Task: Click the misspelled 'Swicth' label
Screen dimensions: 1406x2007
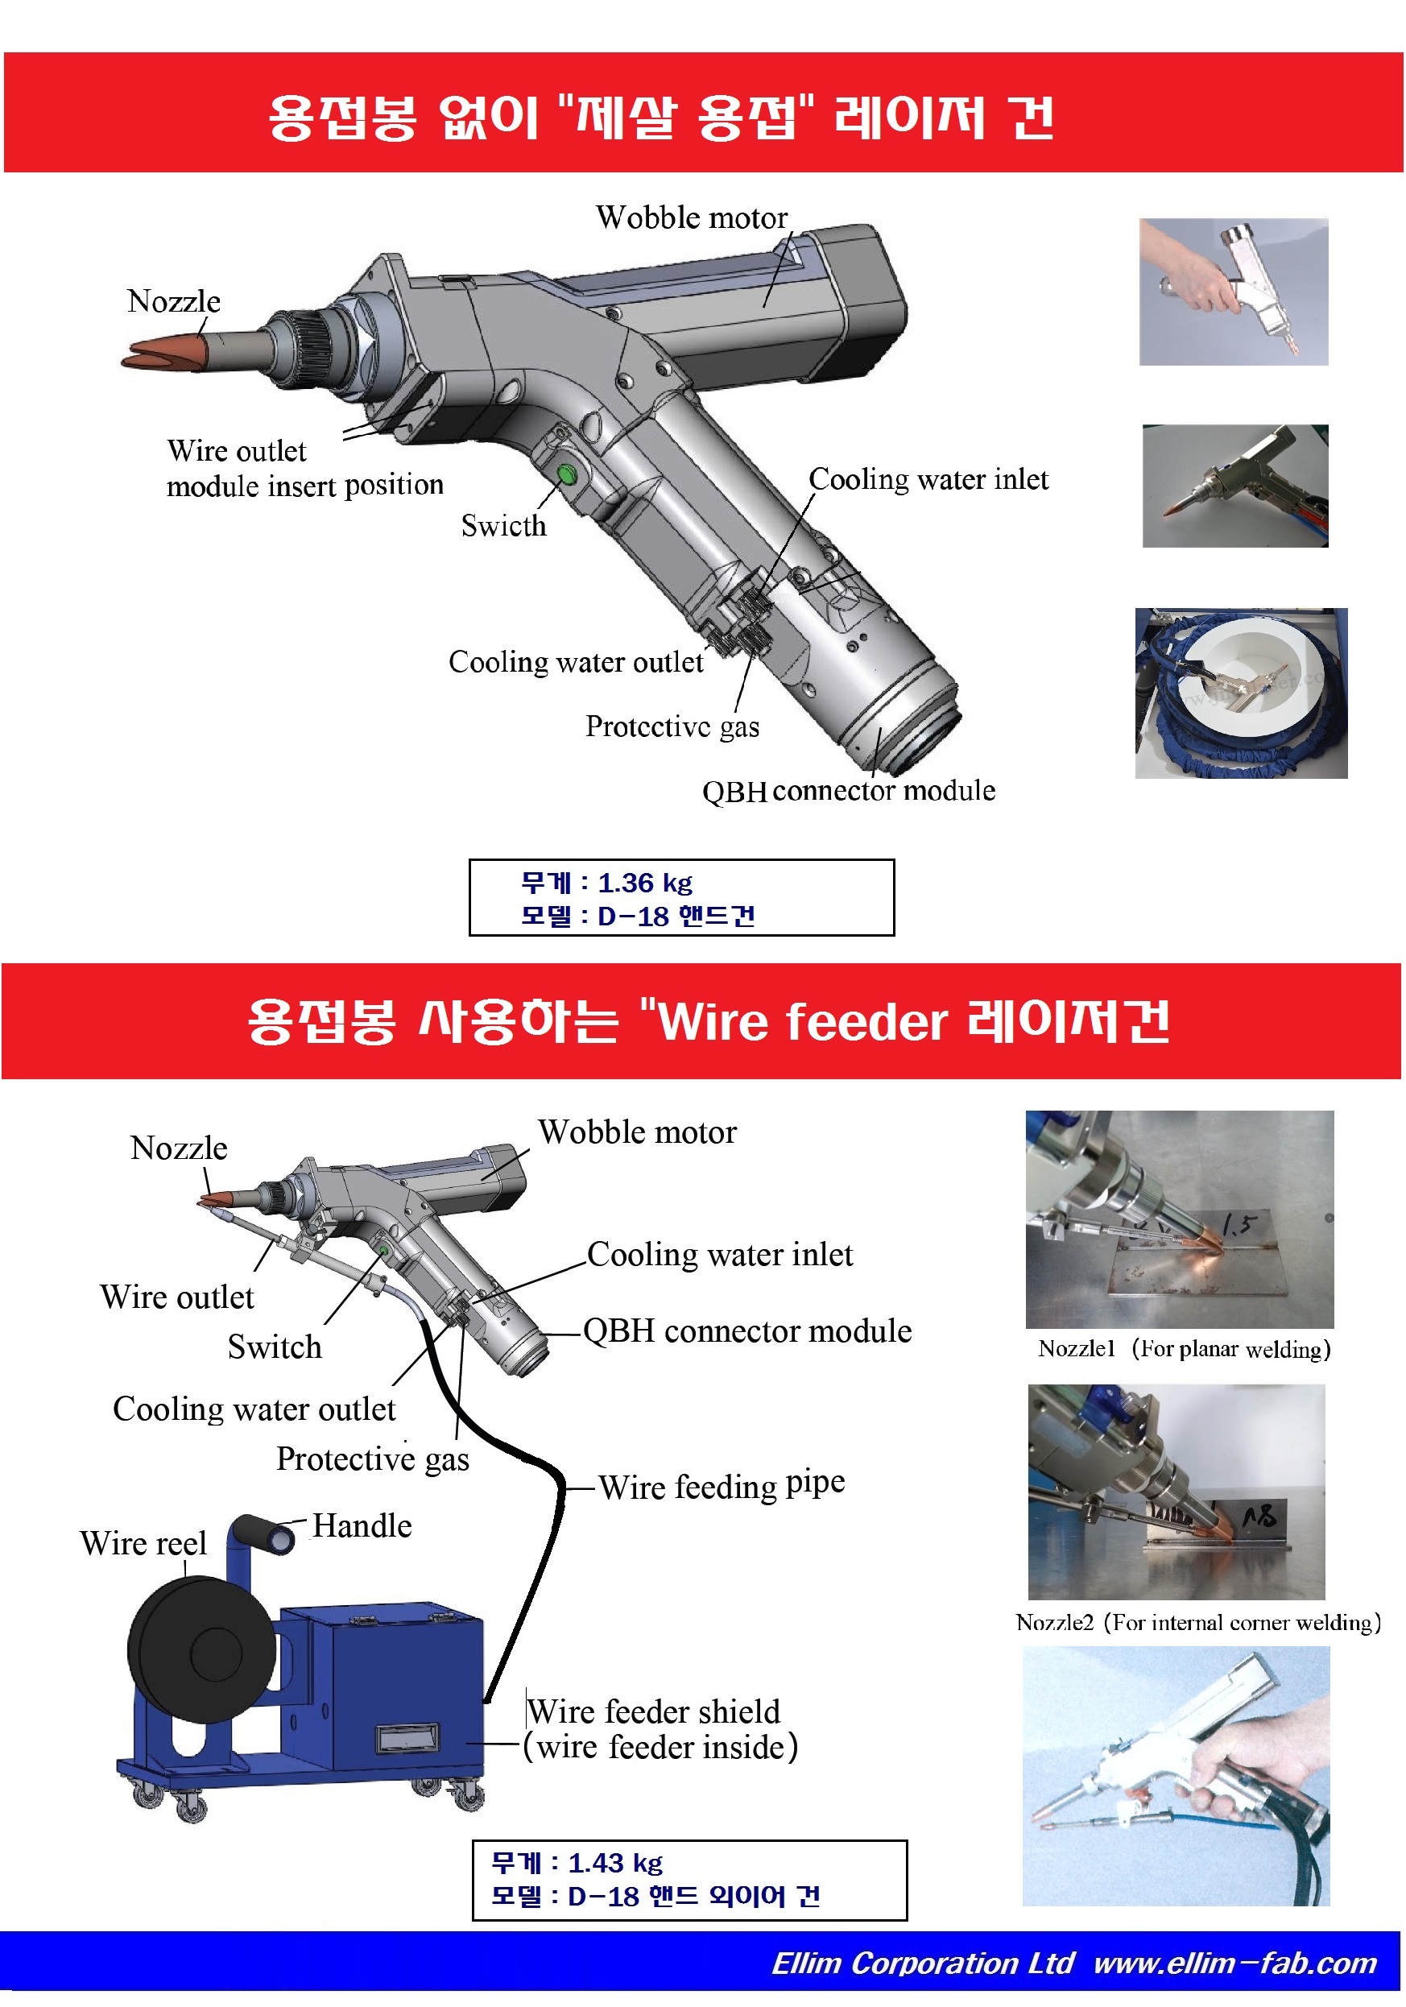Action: coord(503,525)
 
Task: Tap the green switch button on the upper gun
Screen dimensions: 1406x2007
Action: coord(566,474)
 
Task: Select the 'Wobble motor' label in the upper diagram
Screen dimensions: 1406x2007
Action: coord(691,217)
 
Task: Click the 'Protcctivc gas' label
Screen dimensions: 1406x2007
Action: coord(672,726)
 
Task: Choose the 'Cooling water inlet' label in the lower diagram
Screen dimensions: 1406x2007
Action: coord(720,1255)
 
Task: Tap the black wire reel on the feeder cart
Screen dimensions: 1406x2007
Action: coord(202,1649)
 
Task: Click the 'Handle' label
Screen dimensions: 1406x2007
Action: coord(362,1526)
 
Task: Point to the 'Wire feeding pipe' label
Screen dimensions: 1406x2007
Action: coord(722,1485)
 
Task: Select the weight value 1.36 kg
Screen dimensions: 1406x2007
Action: coord(644,883)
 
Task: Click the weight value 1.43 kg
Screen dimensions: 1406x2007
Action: coord(615,1863)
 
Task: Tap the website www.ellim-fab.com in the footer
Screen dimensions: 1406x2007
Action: coord(1234,1964)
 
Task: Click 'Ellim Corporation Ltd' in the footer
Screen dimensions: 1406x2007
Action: coord(922,1964)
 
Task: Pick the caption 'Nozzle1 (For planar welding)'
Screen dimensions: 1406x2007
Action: coord(1184,1349)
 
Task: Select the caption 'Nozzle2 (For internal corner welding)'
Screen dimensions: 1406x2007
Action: coord(1198,1622)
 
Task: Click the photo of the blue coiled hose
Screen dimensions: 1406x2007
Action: coord(1241,693)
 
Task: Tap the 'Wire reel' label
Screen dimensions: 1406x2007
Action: coord(143,1544)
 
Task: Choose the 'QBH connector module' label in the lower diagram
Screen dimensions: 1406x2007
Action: coord(747,1331)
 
